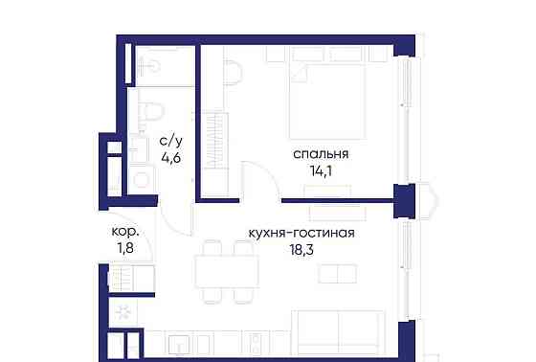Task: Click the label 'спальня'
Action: (321, 153)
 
